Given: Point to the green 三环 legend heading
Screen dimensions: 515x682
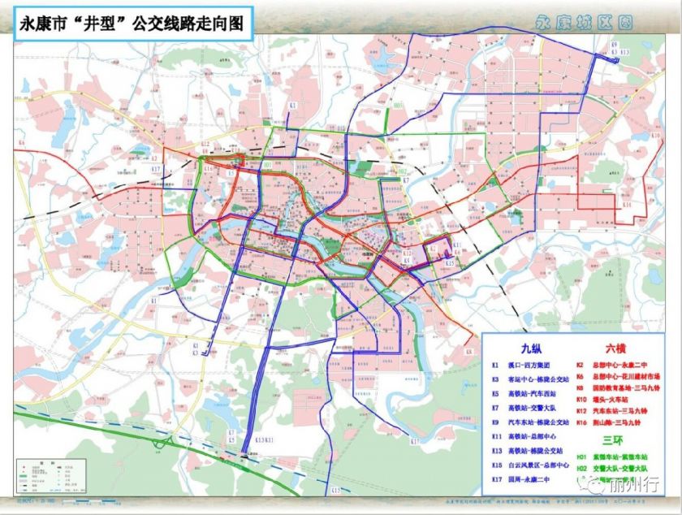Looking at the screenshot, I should coord(614,441).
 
